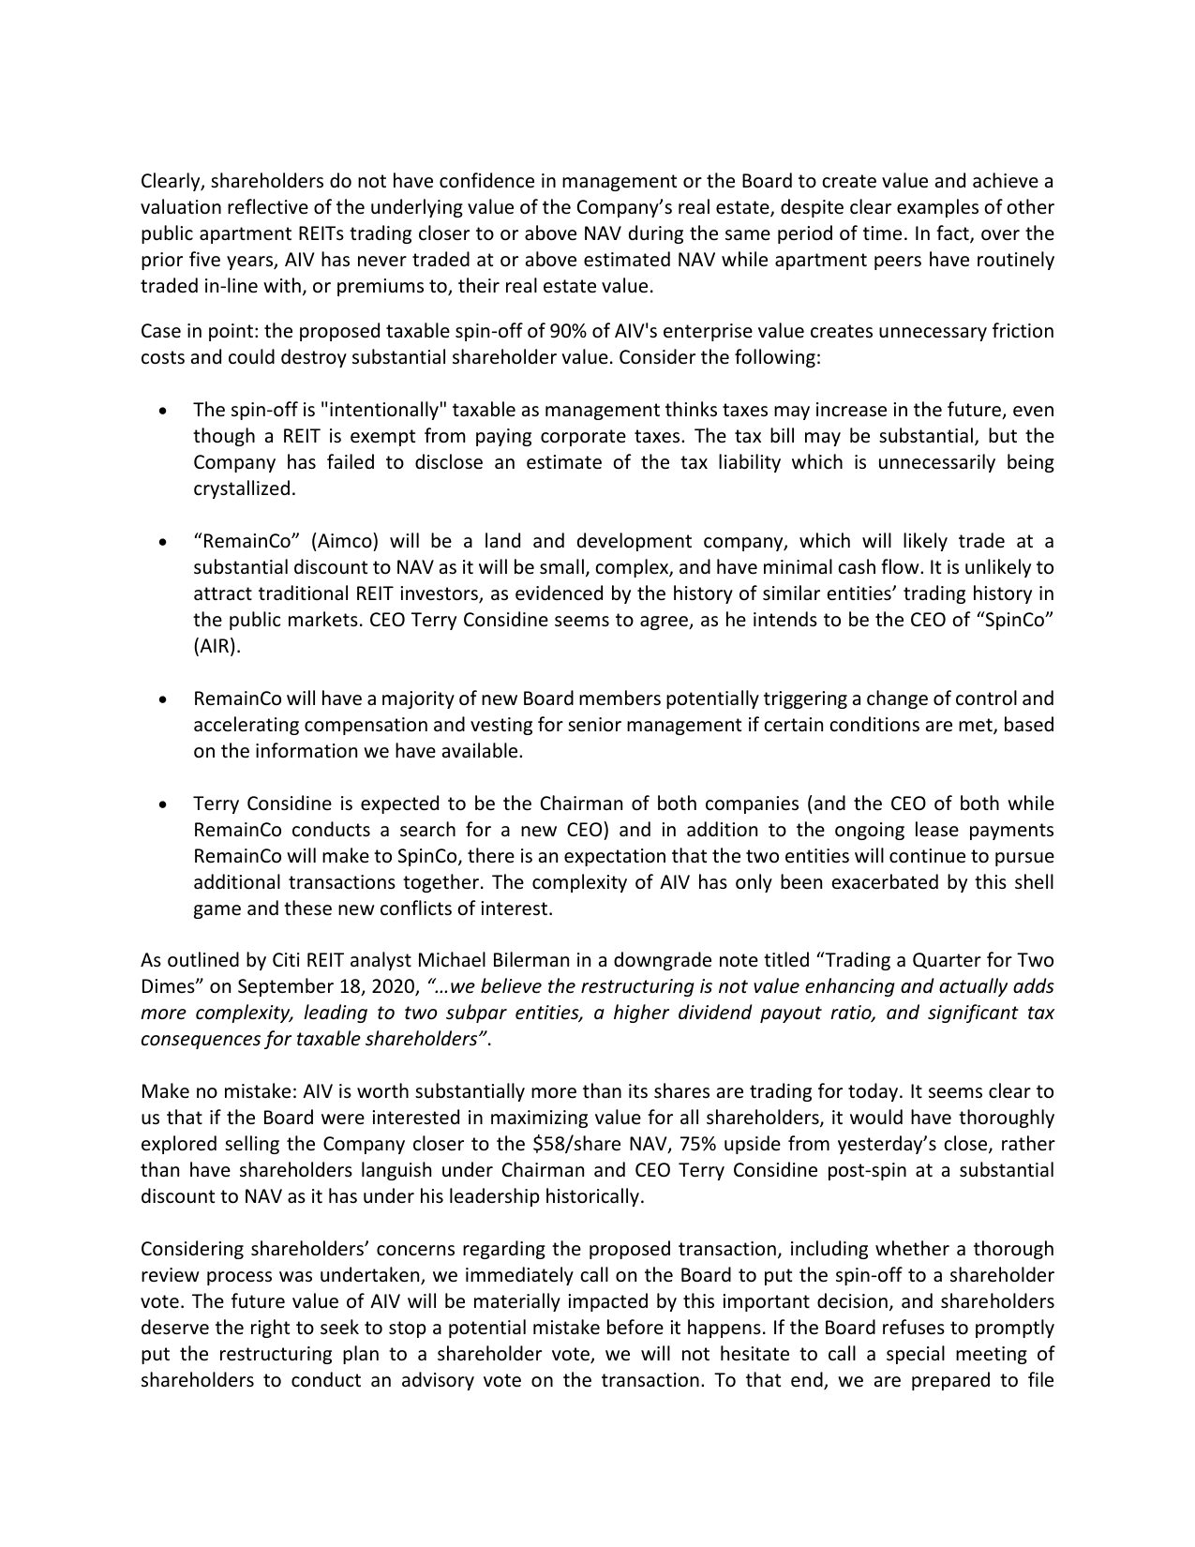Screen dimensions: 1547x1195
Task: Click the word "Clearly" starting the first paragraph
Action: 170,181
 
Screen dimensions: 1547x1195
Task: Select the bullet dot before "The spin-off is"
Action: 165,411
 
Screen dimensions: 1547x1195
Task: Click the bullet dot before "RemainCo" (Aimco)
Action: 165,542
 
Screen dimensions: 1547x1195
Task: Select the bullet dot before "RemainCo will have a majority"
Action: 165,699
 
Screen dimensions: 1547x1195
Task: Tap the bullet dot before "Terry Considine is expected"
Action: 165,804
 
